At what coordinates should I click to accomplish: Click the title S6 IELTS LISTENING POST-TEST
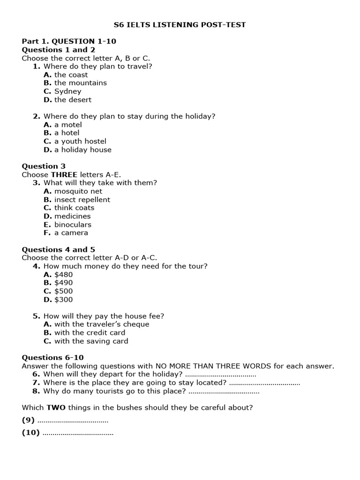pos(180,25)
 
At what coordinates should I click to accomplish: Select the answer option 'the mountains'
pos(80,83)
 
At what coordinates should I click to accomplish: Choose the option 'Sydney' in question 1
pos(67,91)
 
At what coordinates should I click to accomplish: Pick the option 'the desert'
pos(73,100)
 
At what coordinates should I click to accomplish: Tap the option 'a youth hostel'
pos(80,141)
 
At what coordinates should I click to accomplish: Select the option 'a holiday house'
pos(82,150)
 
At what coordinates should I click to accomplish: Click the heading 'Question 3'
pos(44,166)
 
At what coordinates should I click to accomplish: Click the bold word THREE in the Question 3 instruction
pos(64,174)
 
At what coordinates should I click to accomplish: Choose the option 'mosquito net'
pos(78,191)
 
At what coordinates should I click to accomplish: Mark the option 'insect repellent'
pos(82,200)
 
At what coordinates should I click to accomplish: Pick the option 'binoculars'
pos(73,225)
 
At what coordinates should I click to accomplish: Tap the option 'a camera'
pos(71,233)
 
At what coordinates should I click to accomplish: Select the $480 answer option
pos(64,275)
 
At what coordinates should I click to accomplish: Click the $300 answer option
pos(64,300)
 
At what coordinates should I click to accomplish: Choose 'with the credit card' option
pos(90,333)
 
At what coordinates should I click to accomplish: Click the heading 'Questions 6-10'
pos(53,358)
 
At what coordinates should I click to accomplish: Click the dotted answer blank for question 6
pos(220,375)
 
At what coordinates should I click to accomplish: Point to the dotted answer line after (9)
pos(73,420)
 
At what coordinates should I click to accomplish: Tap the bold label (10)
pos(31,433)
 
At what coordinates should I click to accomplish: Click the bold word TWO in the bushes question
pos(55,408)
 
